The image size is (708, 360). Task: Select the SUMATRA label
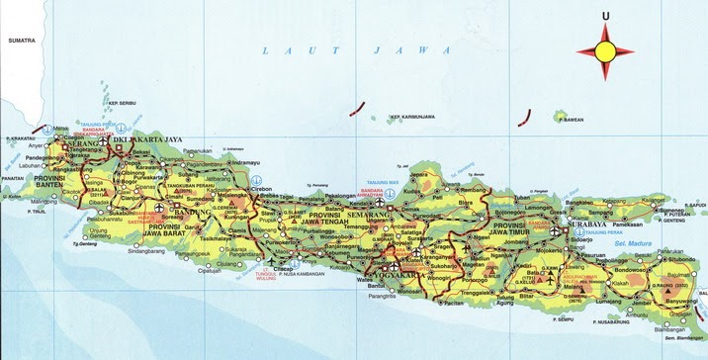pyautogui.click(x=21, y=42)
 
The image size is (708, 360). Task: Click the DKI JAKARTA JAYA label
pyautogui.click(x=151, y=141)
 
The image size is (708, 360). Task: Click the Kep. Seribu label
pyautogui.click(x=123, y=104)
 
